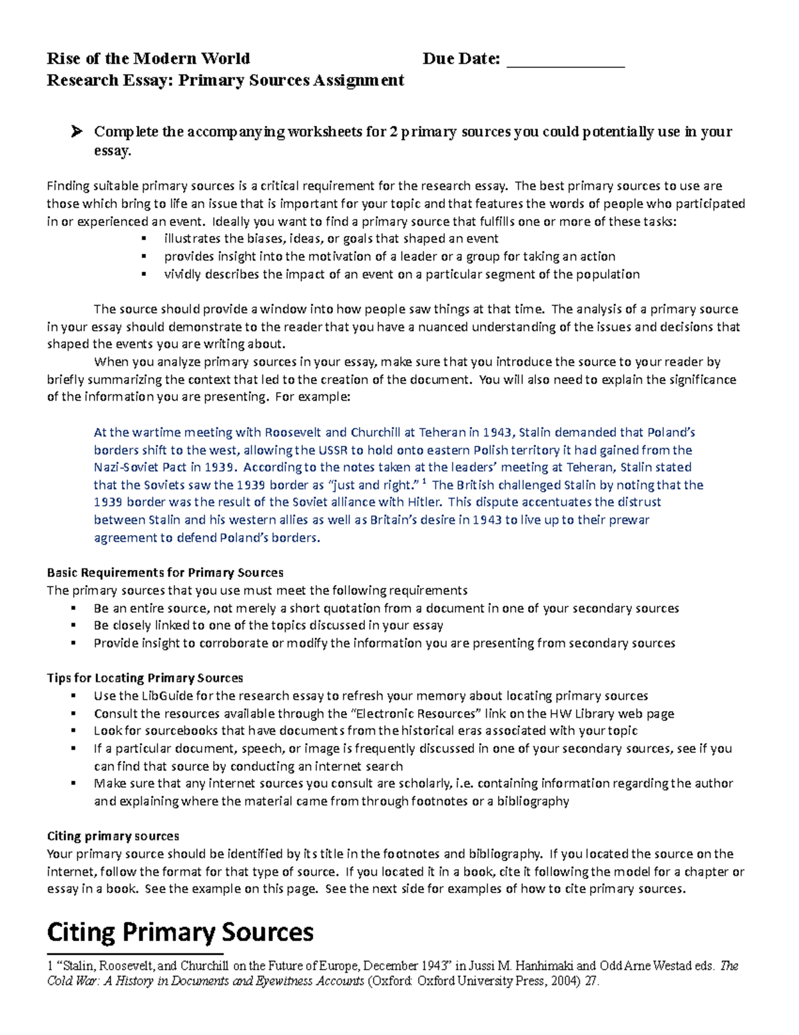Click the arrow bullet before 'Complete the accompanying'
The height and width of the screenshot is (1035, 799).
click(77, 132)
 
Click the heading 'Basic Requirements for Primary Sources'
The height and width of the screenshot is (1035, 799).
click(165, 572)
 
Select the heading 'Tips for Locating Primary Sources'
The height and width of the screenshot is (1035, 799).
click(144, 678)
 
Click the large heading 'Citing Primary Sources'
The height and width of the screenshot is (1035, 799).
click(180, 932)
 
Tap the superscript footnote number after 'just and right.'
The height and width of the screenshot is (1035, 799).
click(425, 481)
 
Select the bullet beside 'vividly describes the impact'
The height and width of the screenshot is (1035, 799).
click(143, 274)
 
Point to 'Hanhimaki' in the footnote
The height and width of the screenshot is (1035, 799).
click(545, 966)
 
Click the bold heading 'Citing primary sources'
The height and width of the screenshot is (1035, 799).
click(113, 836)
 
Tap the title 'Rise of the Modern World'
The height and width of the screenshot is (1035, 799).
click(148, 59)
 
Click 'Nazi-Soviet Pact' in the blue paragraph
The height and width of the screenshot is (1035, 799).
click(140, 467)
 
